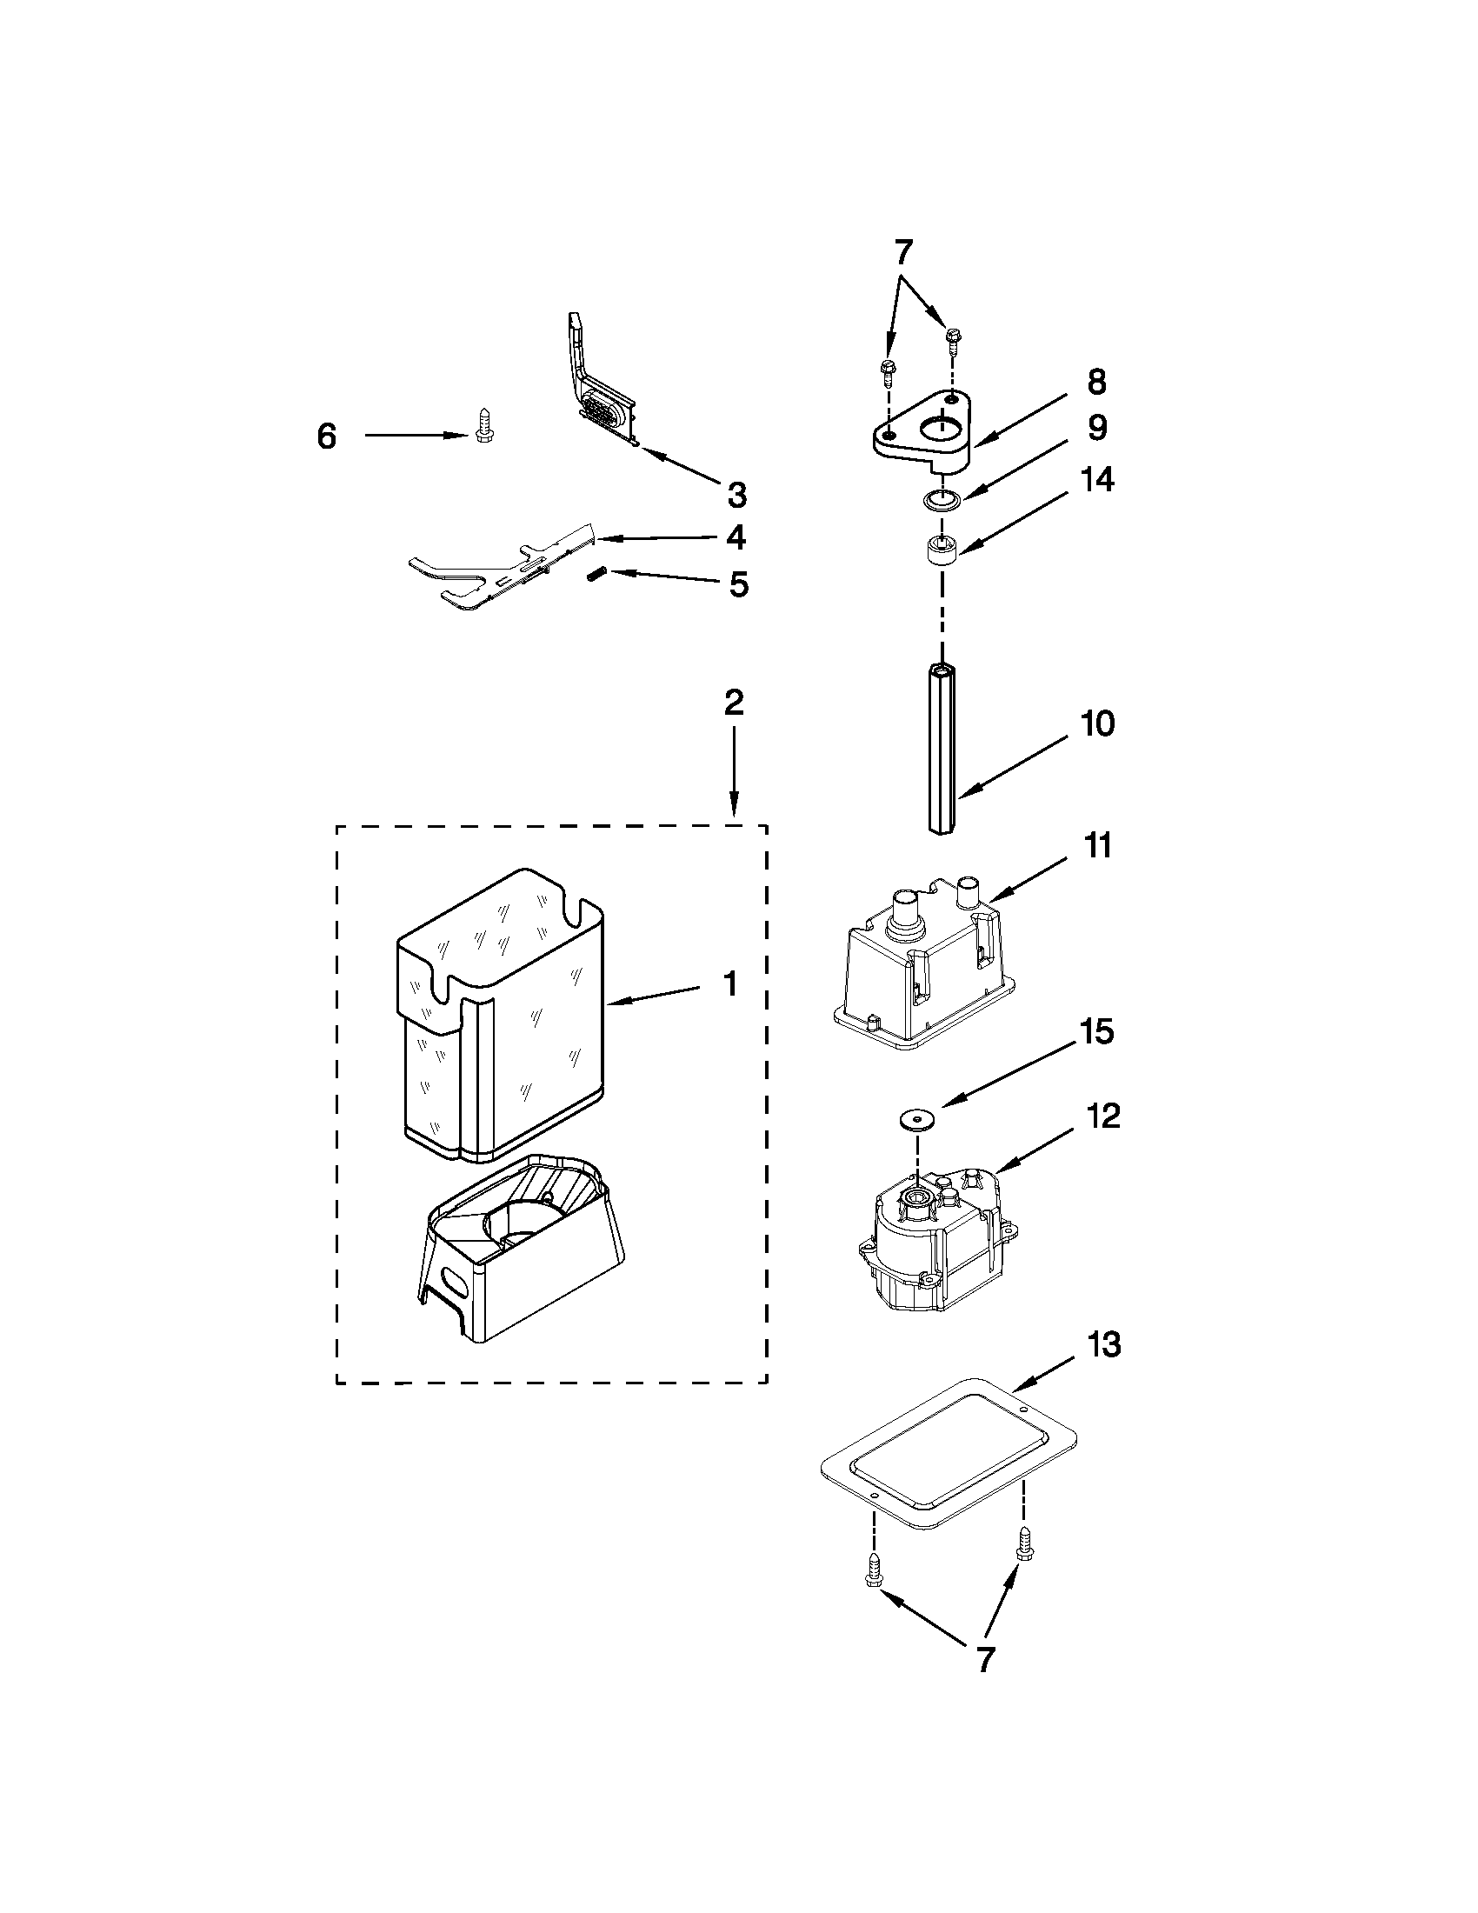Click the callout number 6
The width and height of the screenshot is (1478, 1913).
[x=327, y=436]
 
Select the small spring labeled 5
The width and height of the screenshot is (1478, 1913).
[x=596, y=575]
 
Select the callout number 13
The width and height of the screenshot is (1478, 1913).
[x=1104, y=1344]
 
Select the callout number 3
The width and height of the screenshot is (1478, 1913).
[x=737, y=495]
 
